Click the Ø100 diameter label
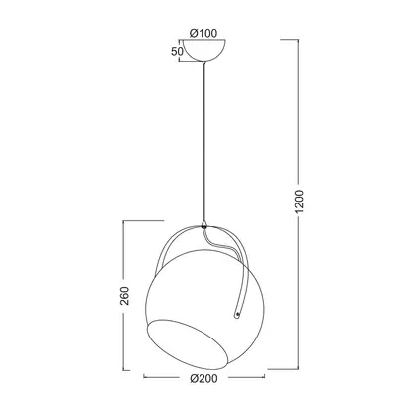203,33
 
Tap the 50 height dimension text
177,51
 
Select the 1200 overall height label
299,202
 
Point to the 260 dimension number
124,296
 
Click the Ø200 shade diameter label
203,378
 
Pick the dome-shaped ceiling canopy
204,50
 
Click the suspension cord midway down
204,142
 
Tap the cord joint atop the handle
204,225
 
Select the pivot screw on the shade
237,314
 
